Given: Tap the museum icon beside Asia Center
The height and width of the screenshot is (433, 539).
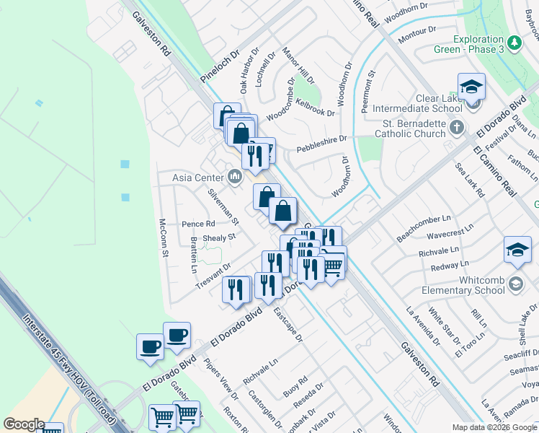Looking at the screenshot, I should pyautogui.click(x=235, y=176).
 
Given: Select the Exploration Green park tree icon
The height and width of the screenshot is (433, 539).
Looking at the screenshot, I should pyautogui.click(x=514, y=43).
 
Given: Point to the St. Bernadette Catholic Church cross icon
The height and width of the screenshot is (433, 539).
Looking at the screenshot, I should pyautogui.click(x=456, y=128).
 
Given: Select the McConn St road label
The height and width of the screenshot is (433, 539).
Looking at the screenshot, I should pyautogui.click(x=164, y=238).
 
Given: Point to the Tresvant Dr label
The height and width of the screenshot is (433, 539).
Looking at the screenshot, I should pyautogui.click(x=213, y=276).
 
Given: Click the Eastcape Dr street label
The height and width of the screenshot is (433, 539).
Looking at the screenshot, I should pyautogui.click(x=288, y=325).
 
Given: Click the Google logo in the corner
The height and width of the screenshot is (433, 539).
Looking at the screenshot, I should pyautogui.click(x=24, y=424).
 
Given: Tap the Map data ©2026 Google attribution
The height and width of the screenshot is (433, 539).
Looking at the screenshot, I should pyautogui.click(x=494, y=427).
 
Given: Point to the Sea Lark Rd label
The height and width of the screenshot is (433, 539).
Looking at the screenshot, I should pyautogui.click(x=471, y=180).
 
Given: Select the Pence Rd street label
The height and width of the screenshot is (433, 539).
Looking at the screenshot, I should pyautogui.click(x=198, y=224).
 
